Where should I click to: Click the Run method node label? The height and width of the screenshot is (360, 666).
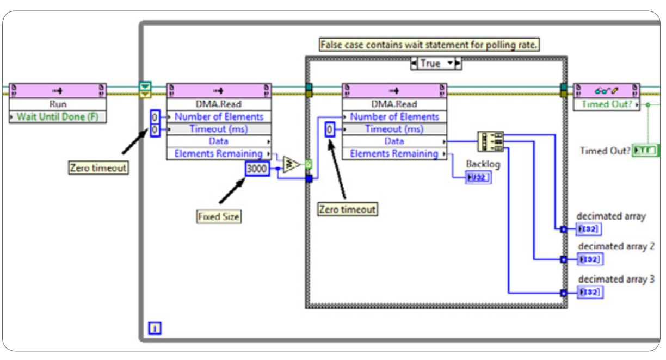coord(58,104)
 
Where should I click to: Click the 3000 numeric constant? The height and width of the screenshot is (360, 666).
coord(257,169)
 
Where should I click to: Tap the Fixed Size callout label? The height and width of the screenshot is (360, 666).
coord(218,216)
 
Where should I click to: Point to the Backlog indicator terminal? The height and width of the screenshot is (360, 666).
coord(478,177)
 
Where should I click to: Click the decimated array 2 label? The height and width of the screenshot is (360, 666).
coord(616,246)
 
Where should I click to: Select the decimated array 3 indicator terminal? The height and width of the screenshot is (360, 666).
coord(590,293)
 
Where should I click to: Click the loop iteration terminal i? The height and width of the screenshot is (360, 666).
coord(155,328)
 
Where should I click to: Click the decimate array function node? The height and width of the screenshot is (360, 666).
coord(490,141)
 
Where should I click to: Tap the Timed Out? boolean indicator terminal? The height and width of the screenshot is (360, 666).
coord(645,151)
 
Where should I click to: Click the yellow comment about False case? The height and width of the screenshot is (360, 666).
coord(428,45)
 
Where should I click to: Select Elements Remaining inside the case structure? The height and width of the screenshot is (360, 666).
coord(394,154)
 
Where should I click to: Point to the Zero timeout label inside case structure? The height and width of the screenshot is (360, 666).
coord(348,209)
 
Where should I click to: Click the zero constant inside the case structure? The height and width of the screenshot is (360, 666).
coord(330,129)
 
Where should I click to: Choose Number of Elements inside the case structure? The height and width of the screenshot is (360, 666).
coord(394,116)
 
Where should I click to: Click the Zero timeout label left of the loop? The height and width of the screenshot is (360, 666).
coord(98,168)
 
